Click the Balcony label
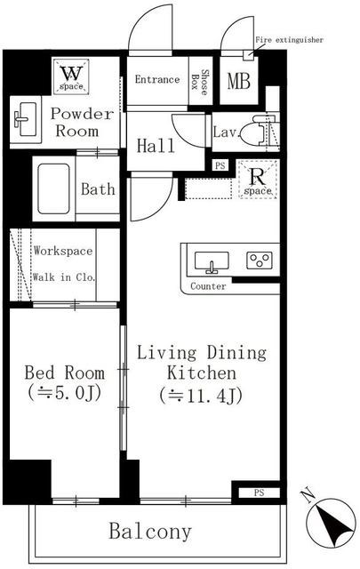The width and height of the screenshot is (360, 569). point(150,532)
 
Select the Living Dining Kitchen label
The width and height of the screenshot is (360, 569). point(200,373)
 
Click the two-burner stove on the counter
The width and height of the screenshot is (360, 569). point(260,260)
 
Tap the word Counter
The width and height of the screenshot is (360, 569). point(209,286)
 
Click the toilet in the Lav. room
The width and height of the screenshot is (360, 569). point(263,132)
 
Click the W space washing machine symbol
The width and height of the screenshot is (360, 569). point(69,76)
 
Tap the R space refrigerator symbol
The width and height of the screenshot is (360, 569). point(257,180)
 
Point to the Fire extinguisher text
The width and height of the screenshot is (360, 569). point(289,40)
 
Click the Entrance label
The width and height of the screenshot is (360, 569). point(157,80)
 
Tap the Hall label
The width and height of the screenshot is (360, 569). point(156,145)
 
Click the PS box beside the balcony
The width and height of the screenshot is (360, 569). point(259,492)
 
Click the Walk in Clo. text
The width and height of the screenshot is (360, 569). point(64,276)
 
